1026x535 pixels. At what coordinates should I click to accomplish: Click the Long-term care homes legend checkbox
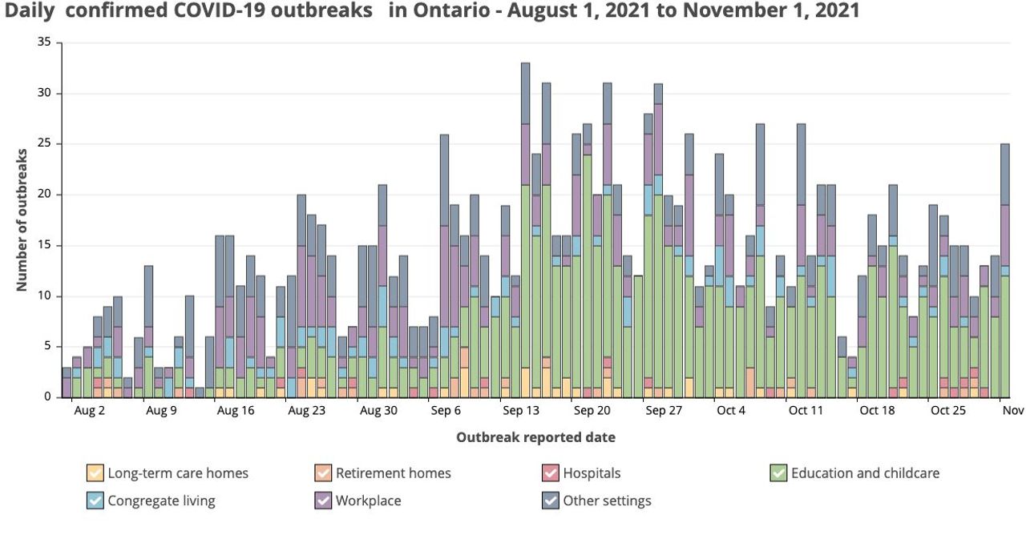95,473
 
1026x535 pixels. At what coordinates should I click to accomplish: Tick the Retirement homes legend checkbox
322,473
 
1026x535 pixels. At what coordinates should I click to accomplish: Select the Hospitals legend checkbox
550,473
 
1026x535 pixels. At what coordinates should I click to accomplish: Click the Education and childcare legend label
865,473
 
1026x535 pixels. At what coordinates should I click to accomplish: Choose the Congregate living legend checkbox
95,501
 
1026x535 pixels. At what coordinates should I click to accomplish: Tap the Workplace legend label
368,501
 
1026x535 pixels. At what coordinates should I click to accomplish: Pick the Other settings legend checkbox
550,501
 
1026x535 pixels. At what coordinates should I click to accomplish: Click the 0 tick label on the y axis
47,396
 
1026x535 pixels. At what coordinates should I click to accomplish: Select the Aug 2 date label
89,411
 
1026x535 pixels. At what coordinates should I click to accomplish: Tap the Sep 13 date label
520,411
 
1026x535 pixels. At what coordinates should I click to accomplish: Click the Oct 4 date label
731,411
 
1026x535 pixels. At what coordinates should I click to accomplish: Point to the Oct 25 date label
948,411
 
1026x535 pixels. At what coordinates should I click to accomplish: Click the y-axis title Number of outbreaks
22,219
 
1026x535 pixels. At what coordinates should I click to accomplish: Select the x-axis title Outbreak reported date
535,437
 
